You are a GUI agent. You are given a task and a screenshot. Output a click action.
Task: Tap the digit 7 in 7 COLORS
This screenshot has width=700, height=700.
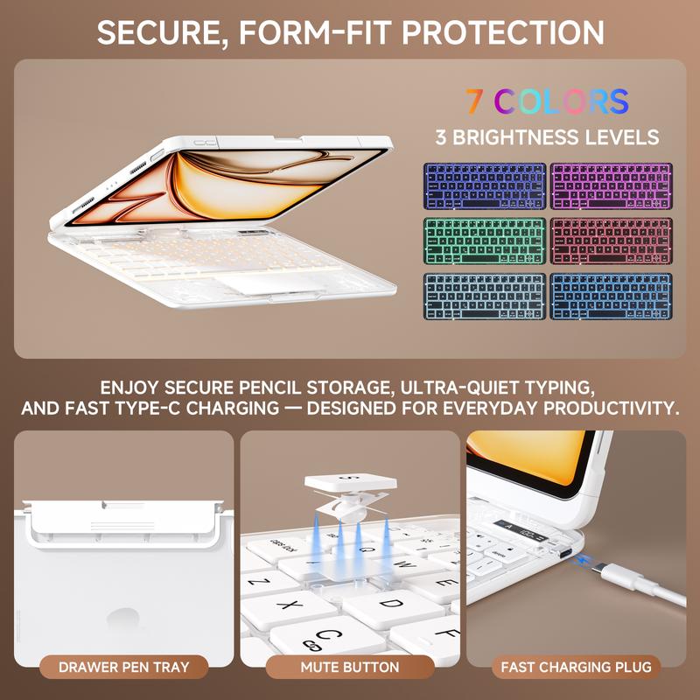pyautogui.click(x=473, y=101)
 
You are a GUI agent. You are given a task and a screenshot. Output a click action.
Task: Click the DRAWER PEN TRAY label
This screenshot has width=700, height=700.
pyautogui.click(x=122, y=668)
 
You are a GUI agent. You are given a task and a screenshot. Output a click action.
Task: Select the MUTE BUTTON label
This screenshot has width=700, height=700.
pyautogui.click(x=350, y=668)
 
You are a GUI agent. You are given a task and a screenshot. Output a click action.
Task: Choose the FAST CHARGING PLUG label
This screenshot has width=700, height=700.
pyautogui.click(x=576, y=668)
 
